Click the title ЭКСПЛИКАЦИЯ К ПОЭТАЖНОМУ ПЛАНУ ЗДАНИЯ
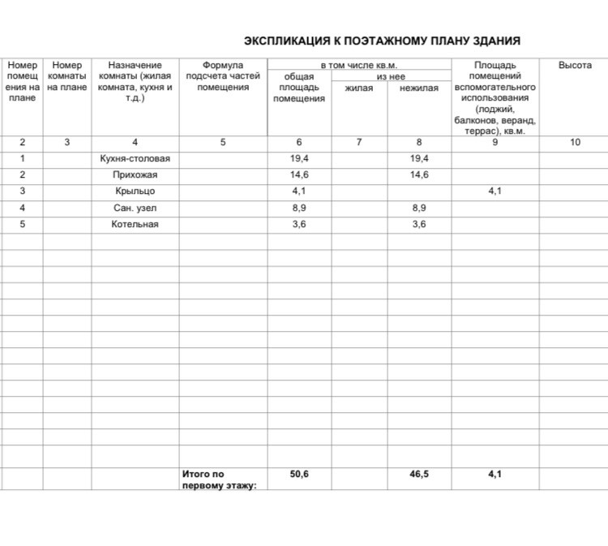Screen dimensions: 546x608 point(382,41)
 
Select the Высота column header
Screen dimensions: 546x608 point(575,65)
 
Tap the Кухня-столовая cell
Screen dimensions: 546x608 point(135,159)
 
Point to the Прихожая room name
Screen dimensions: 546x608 point(135,175)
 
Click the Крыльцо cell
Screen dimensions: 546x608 point(135,191)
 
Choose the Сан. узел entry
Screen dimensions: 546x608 point(135,208)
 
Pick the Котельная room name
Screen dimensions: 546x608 point(135,224)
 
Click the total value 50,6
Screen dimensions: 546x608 point(299,475)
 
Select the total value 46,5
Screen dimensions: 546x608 point(419,475)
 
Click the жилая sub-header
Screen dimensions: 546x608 point(359,88)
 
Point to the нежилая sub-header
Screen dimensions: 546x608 point(419,88)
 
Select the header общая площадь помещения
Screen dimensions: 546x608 point(299,88)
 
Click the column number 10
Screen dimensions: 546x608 point(575,142)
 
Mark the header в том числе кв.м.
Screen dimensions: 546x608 point(358,65)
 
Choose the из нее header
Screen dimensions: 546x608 point(389,76)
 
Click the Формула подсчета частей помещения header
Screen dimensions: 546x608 point(223,76)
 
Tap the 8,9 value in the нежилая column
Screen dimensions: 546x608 point(419,208)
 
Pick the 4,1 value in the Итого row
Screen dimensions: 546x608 point(495,475)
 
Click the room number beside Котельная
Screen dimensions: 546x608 point(23,224)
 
